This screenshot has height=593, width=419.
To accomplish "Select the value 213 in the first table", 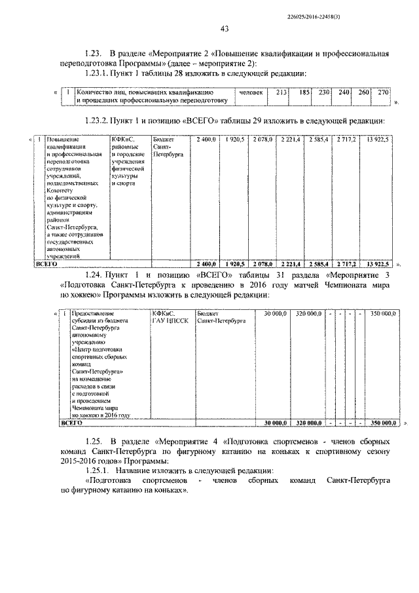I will pos(282,93).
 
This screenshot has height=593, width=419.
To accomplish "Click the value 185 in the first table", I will pos(303,93).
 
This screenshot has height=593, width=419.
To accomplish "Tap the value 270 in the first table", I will pos(383,93).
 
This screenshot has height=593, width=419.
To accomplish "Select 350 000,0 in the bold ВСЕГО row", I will pos(383,423).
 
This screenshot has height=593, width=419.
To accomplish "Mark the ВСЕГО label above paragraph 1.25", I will pos(72,423).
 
